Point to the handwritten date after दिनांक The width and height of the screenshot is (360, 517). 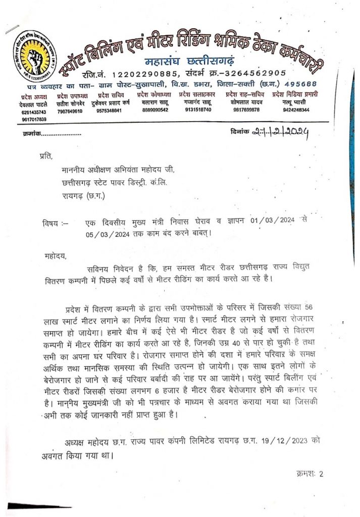tap(281, 133)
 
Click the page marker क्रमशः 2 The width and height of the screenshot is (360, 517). tap(309, 474)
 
